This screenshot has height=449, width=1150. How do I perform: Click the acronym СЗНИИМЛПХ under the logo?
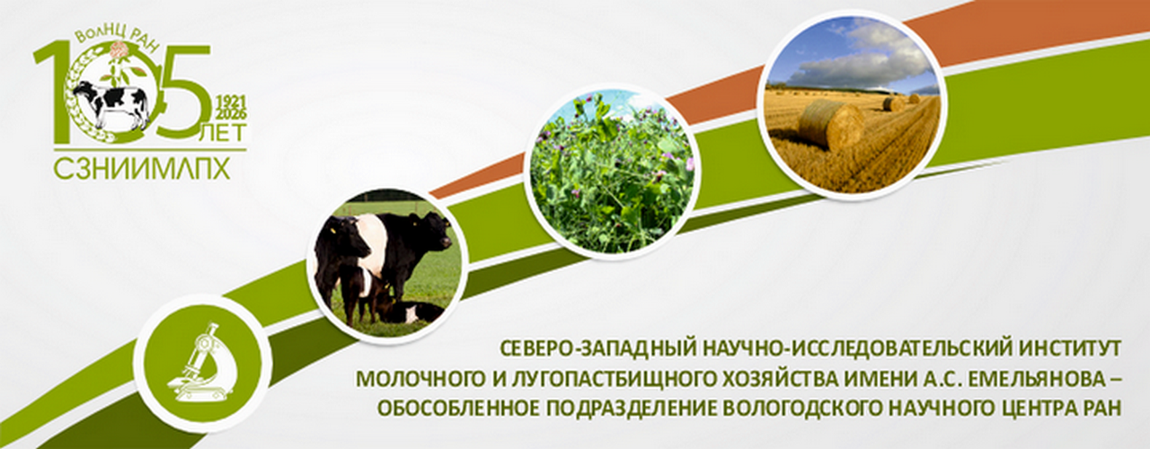142,170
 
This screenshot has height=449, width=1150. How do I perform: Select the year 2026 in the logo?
232,113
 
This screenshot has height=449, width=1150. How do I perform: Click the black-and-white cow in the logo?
111,105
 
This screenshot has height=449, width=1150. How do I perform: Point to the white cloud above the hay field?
868,57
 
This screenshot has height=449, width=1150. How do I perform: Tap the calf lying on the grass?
411,312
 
